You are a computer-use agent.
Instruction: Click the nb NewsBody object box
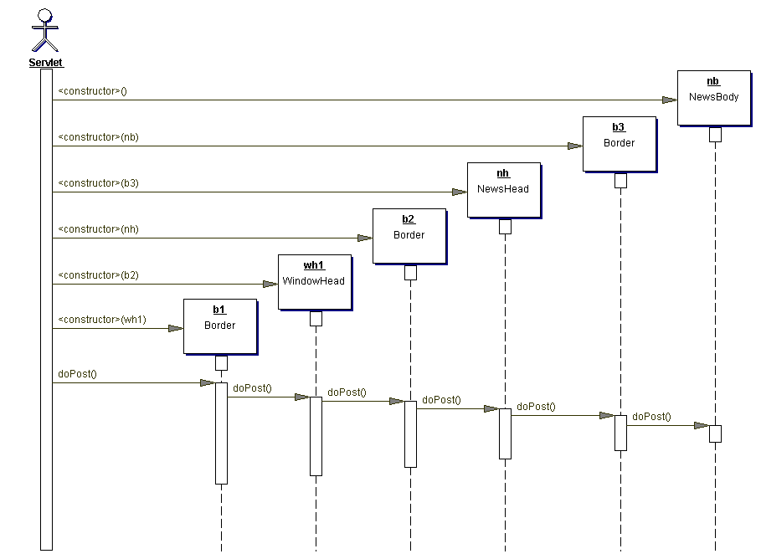pos(713,97)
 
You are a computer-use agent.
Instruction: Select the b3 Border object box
pos(619,143)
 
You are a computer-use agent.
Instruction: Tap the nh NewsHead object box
pos(503,189)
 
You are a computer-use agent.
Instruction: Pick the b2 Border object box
pos(409,235)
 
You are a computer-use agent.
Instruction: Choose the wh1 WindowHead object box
pos(314,281)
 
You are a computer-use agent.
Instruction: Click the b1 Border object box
pos(219,326)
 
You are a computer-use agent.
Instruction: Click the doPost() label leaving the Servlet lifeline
pos(77,374)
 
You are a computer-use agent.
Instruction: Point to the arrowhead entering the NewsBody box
pos(669,100)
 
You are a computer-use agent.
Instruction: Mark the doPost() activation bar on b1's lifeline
pos(221,433)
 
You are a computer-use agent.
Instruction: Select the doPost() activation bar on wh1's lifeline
pos(316,436)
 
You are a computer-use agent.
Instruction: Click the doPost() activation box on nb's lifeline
pos(715,433)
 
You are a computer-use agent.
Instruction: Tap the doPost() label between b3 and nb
pos(651,416)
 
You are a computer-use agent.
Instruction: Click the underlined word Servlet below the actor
pos(45,63)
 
